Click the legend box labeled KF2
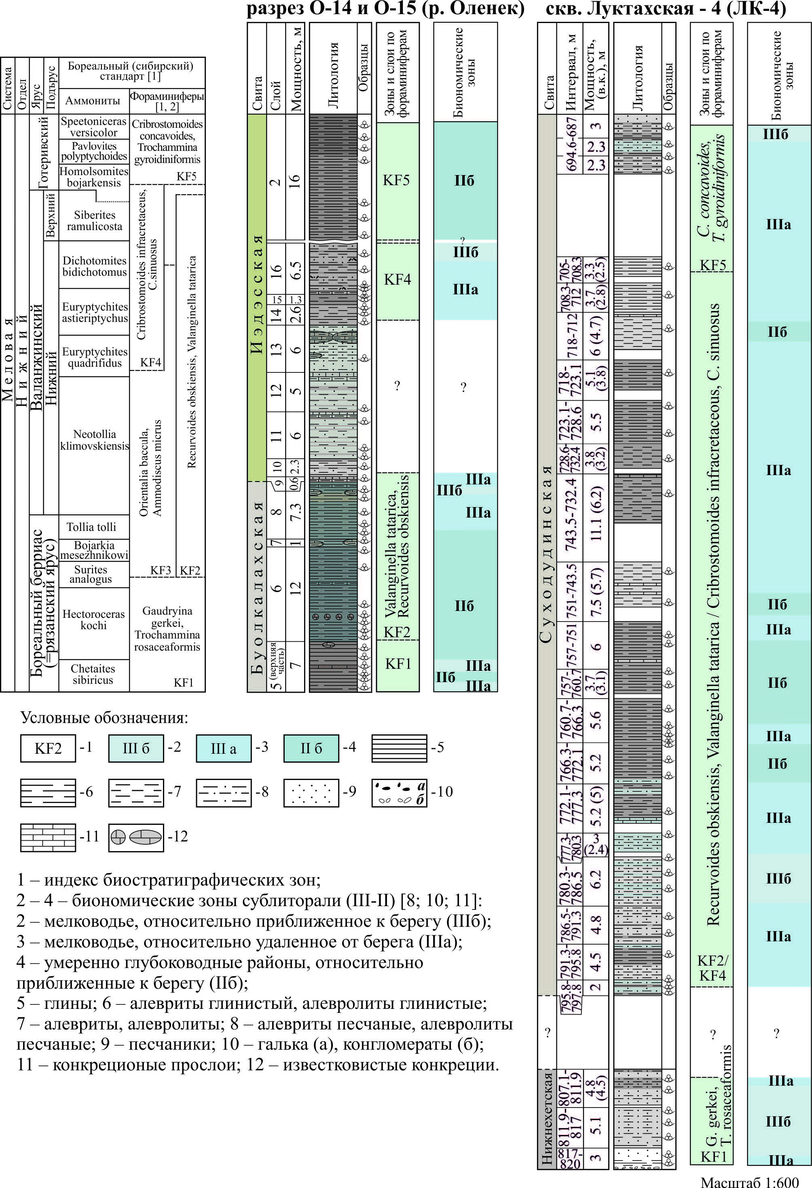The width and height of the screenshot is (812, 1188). point(48,748)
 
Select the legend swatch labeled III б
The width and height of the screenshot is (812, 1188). point(135,748)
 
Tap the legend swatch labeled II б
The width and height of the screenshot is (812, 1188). point(311,748)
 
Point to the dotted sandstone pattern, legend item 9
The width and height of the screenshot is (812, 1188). point(311,793)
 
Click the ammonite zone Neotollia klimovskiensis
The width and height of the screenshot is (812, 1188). point(95,440)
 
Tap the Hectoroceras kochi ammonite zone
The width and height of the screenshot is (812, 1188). point(93,619)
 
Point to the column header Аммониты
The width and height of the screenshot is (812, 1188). point(93,101)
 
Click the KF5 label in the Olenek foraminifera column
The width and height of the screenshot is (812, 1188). point(396,180)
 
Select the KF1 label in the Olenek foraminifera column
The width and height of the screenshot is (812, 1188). point(398,664)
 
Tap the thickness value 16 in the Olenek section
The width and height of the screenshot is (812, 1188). point(295,182)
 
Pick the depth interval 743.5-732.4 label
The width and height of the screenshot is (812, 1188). point(572,514)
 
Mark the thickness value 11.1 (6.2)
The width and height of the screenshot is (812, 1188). point(596,514)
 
